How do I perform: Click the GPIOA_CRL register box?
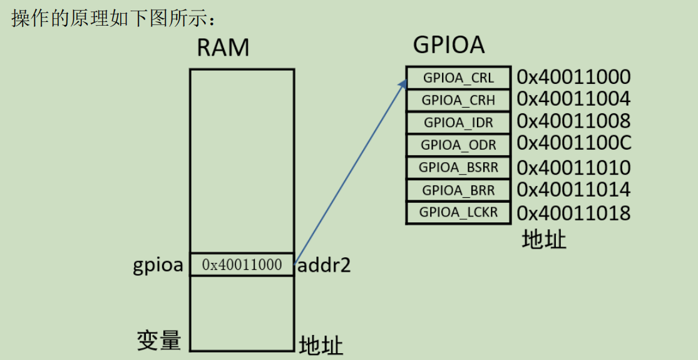point(458,78)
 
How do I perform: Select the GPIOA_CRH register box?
point(458,100)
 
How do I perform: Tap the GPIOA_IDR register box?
point(458,122)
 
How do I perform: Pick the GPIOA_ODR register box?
point(458,145)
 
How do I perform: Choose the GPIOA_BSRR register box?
point(458,167)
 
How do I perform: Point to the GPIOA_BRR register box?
point(458,190)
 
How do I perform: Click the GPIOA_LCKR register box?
point(458,212)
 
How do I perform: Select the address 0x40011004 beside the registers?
point(573,99)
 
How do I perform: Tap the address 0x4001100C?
point(573,143)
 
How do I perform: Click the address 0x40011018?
point(573,213)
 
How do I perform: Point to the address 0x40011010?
point(573,168)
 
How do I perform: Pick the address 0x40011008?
point(573,121)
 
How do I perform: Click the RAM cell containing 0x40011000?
point(242,265)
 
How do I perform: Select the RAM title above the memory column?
point(223,48)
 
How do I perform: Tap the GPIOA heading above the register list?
point(449,45)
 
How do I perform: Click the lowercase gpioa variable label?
point(158,265)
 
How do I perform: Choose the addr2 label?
point(324,265)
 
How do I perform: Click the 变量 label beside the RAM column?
point(159,341)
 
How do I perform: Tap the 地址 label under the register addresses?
point(544,239)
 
